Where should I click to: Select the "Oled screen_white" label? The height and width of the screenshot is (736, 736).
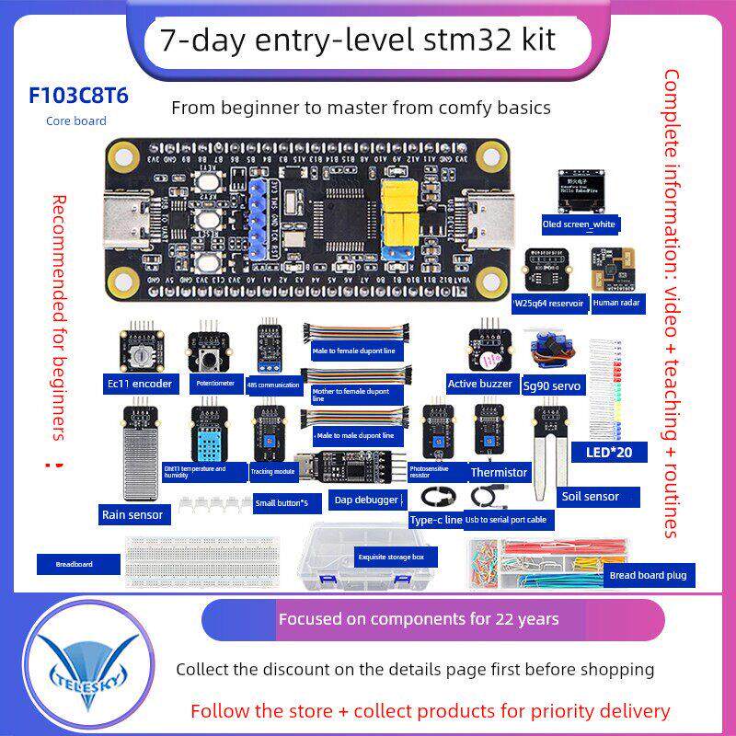coord(580,224)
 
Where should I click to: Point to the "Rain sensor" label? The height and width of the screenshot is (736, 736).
coord(132,514)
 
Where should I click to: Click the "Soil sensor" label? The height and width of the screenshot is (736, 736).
coord(590,496)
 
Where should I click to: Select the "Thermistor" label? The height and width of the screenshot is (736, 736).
coord(499,473)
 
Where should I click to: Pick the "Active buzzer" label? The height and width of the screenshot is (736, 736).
coord(479,383)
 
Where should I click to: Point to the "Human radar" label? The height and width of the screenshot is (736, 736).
coord(616,301)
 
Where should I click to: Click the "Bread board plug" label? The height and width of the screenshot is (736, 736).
coord(648,576)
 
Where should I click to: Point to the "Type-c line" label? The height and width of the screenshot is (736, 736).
coord(436,520)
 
